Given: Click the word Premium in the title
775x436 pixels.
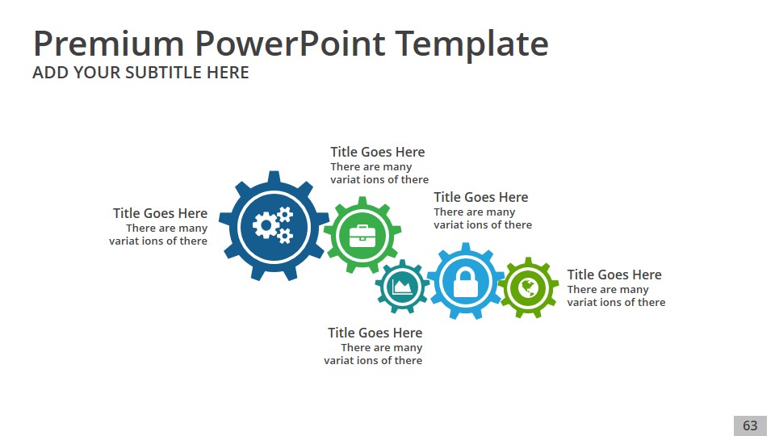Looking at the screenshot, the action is tap(109, 44).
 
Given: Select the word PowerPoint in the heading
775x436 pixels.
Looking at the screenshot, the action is tap(290, 44).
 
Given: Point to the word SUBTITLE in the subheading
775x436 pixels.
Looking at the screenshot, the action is tap(164, 73).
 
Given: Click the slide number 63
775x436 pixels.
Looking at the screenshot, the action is tap(750, 426).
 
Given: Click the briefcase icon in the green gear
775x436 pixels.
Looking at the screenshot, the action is tap(362, 236).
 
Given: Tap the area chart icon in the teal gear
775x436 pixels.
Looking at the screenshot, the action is tap(402, 286).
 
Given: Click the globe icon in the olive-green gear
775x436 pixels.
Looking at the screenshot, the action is tap(528, 287).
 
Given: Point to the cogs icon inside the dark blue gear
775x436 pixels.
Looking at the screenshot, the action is tap(273, 226).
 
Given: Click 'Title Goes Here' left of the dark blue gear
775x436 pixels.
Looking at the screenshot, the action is tap(160, 213).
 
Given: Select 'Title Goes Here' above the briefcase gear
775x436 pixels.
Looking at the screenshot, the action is tap(378, 152).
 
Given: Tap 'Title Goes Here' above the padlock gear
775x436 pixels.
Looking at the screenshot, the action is tap(481, 197).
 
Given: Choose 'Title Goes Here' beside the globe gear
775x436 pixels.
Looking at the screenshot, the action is tap(614, 275).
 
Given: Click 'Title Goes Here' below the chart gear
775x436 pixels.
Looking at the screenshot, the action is tap(375, 333).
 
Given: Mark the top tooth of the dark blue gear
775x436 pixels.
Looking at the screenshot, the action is tap(274, 177).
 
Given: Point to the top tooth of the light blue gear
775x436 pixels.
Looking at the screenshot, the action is tap(466, 246).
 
